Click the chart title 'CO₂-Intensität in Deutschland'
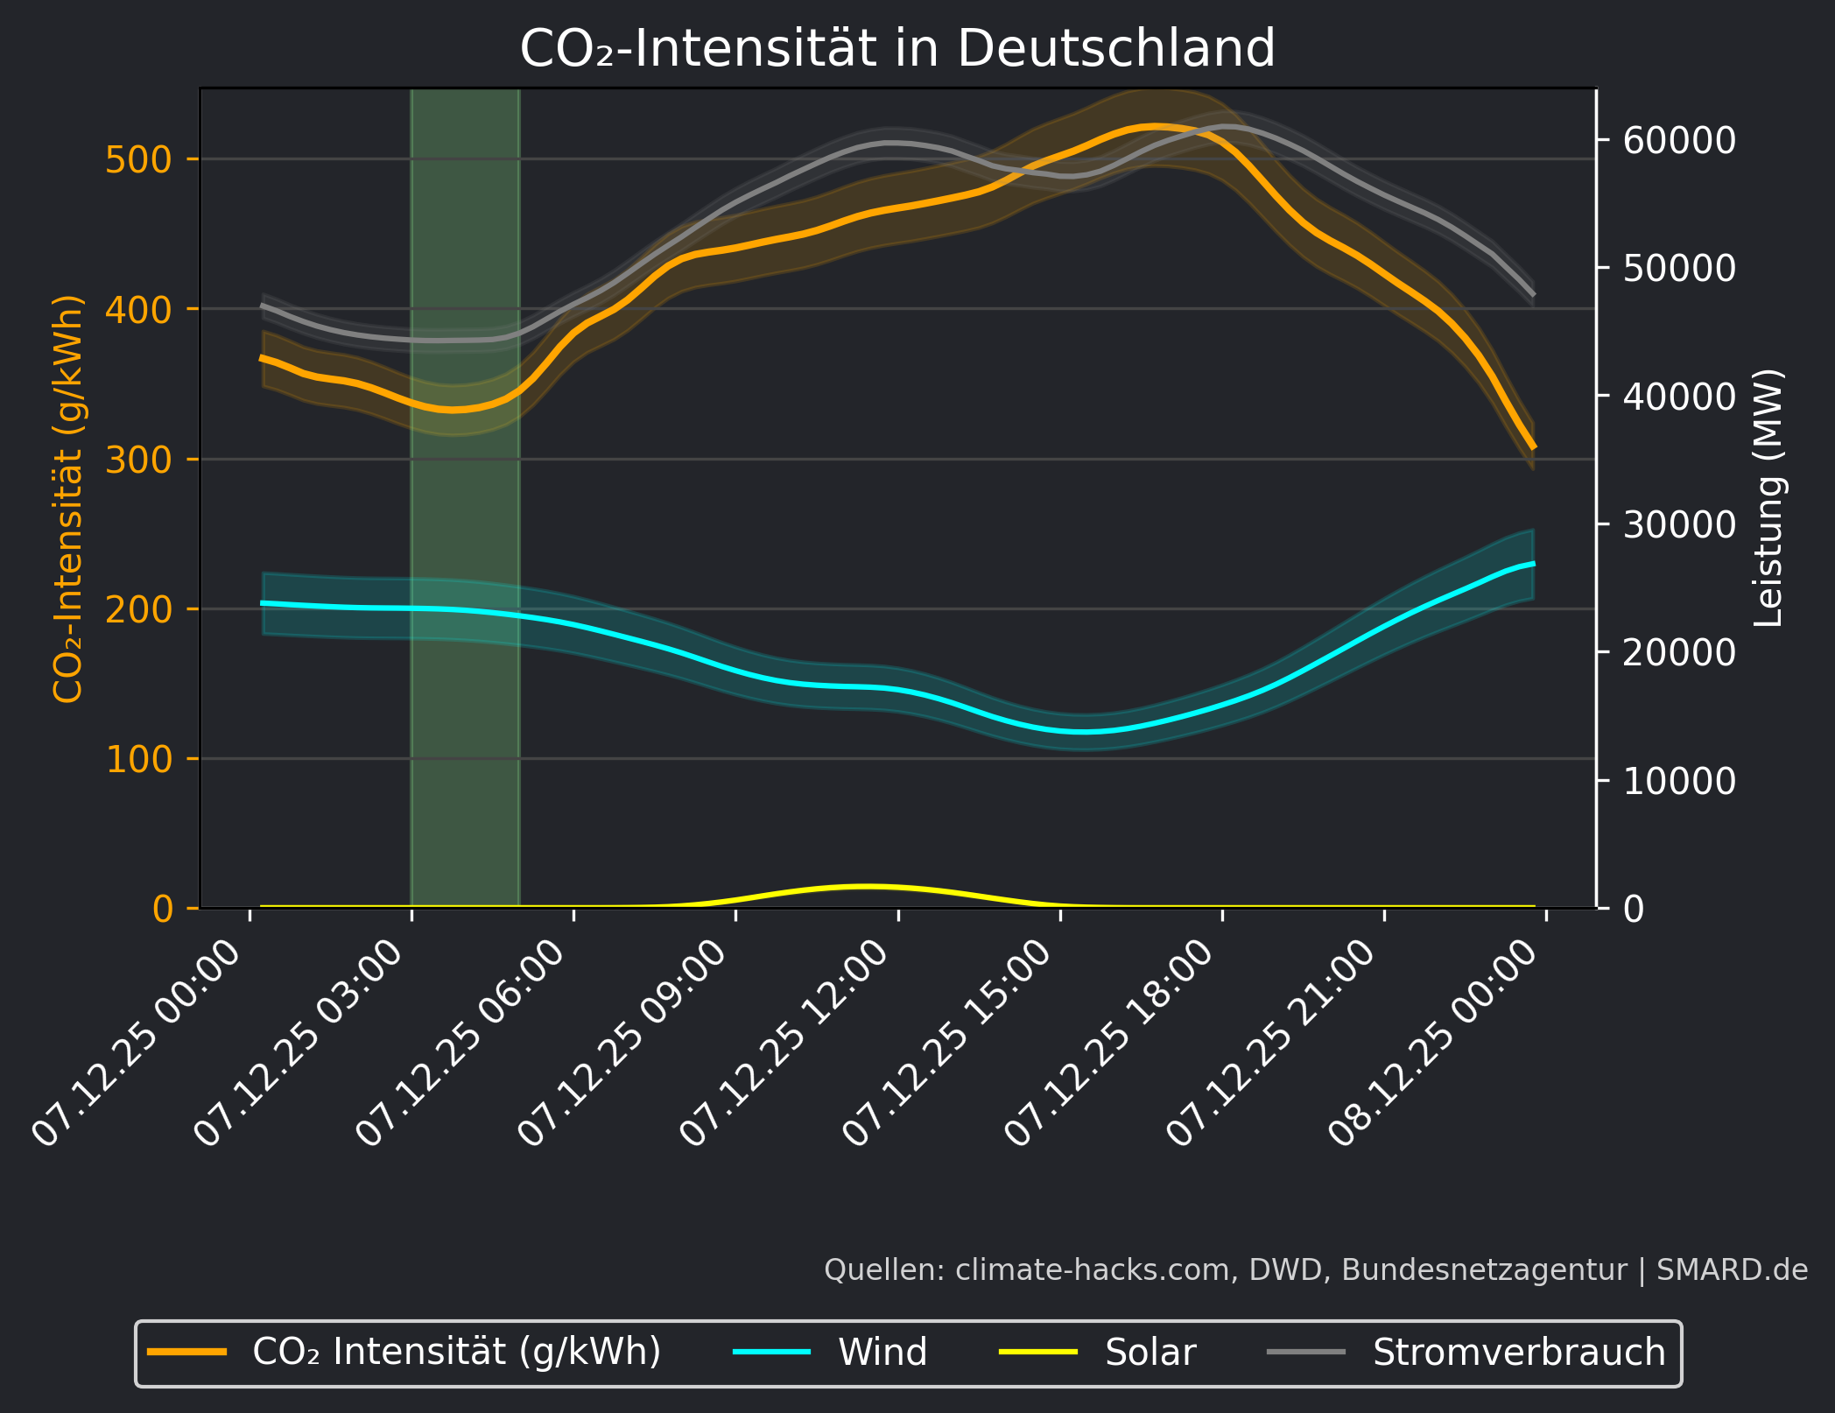[897, 48]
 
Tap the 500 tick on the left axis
[138, 160]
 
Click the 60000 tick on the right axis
[1678, 140]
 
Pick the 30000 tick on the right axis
[1678, 524]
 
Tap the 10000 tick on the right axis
[1678, 781]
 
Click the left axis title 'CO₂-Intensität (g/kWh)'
[68, 499]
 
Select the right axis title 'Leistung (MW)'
[1769, 497]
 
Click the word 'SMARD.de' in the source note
[1732, 1269]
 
